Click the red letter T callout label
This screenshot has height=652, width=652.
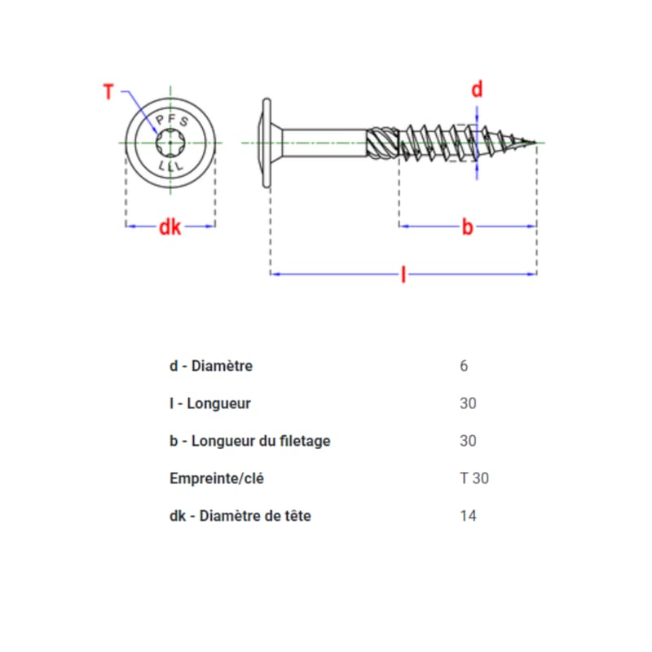tap(108, 91)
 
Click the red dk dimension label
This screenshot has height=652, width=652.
tap(170, 227)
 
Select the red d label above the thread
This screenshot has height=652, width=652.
tap(478, 90)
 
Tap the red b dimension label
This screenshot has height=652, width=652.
tap(467, 227)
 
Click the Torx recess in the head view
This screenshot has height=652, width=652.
tap(170, 143)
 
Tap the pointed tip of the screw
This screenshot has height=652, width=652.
tap(535, 143)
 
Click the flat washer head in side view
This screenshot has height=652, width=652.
tap(266, 143)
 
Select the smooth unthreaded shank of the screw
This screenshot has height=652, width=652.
tap(326, 143)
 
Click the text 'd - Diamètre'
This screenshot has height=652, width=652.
tap(210, 366)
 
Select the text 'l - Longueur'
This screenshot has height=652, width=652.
tap(209, 403)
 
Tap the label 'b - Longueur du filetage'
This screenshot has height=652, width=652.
tap(249, 441)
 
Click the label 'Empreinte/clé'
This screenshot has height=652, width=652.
tap(216, 478)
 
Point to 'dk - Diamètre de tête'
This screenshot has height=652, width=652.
tap(240, 516)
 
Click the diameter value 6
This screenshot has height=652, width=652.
tap(464, 366)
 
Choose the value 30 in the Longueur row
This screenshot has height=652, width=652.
tap(468, 403)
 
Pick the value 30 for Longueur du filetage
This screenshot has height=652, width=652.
tap(468, 441)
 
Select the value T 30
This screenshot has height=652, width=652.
tap(474, 478)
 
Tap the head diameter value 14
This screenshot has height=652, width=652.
tap(468, 516)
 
